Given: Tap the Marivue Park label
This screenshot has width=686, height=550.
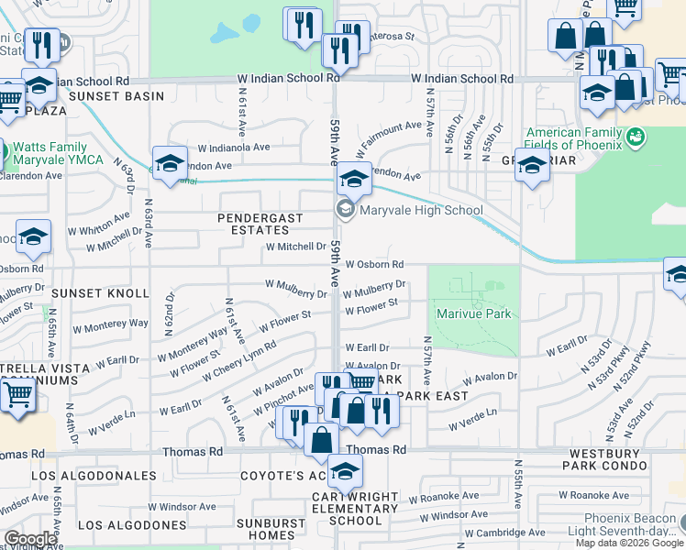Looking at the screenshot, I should [474, 313].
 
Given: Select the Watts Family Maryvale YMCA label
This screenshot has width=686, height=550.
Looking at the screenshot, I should [50, 153].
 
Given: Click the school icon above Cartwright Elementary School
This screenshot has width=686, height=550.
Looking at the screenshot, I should [345, 471].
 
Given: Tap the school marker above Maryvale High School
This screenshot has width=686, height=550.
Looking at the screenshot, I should [354, 178].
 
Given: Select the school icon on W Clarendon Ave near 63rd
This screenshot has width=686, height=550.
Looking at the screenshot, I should [170, 162].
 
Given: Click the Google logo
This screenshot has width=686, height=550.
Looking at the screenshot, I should [30, 539].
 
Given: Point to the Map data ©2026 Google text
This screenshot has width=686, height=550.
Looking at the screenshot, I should [629, 543].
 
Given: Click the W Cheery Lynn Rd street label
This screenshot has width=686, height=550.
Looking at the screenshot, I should [239, 362].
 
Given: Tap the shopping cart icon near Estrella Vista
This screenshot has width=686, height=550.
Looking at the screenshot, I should [17, 396].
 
